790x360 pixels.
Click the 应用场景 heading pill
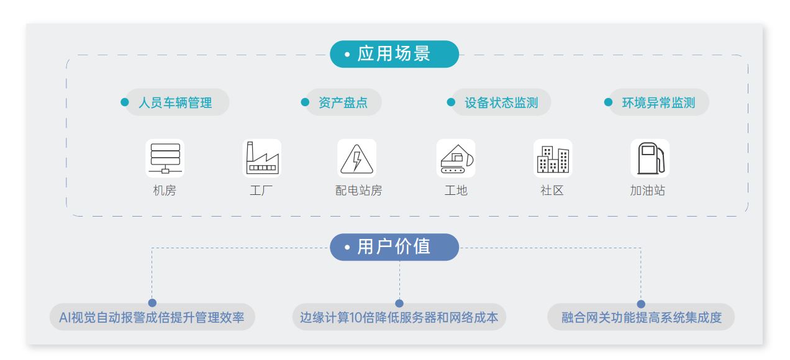(x=394, y=54)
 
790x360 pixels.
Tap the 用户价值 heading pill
(x=394, y=247)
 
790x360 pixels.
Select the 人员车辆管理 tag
(x=176, y=102)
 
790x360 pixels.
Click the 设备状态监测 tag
(x=501, y=102)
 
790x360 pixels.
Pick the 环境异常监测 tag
(x=658, y=102)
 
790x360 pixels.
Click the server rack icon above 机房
(x=165, y=158)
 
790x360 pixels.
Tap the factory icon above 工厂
(x=261, y=158)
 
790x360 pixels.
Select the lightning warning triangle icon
(x=357, y=158)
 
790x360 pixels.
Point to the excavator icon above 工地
(x=456, y=158)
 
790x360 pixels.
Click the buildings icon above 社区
(x=552, y=158)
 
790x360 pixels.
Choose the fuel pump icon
(x=650, y=158)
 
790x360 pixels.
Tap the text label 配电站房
(x=358, y=191)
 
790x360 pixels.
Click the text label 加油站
(x=647, y=191)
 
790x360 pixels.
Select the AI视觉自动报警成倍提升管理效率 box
(x=152, y=318)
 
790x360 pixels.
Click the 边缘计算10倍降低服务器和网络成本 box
(x=399, y=318)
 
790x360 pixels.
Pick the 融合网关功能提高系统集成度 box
(x=641, y=318)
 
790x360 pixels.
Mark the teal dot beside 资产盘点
(x=305, y=102)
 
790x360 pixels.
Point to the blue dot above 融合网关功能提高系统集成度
(x=641, y=304)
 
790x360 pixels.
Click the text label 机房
(x=165, y=191)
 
